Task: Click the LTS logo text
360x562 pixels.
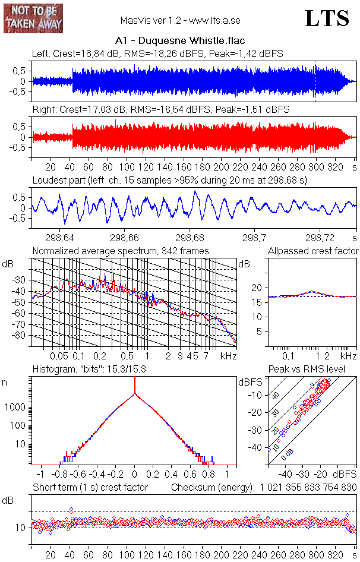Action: click(x=327, y=18)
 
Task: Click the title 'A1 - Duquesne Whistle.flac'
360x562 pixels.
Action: click(x=180, y=42)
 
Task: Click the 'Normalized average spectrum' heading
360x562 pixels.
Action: click(x=120, y=251)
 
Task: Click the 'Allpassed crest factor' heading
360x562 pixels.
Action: click(x=313, y=251)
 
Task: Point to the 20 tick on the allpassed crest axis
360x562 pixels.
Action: click(x=257, y=288)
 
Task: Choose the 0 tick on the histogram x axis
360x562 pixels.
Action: click(x=135, y=475)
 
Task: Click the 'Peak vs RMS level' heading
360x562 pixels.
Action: click(x=315, y=370)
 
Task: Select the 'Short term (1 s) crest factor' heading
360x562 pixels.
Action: click(x=90, y=487)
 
